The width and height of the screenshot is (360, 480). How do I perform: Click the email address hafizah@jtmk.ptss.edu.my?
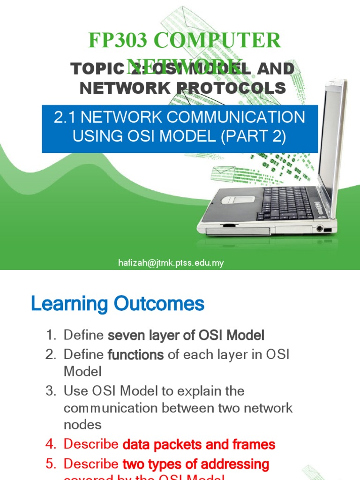pyautogui.click(x=171, y=263)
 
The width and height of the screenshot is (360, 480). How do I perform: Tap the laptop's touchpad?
pyautogui.click(x=238, y=199)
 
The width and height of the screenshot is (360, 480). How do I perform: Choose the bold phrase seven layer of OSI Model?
pyautogui.click(x=186, y=336)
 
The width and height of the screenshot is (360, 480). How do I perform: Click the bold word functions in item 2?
pyautogui.click(x=135, y=355)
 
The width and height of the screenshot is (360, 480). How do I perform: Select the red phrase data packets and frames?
pyautogui.click(x=199, y=444)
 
